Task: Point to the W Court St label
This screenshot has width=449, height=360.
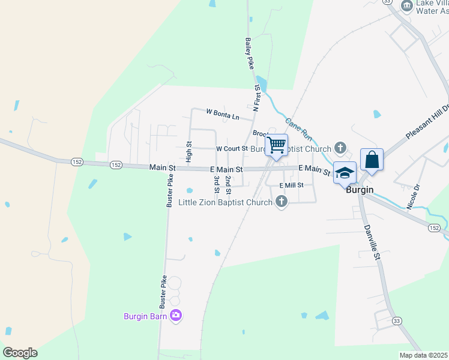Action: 232,148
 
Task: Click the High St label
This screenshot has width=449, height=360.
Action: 188,152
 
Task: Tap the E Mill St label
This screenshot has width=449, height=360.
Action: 291,185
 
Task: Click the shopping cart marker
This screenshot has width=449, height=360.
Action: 276,145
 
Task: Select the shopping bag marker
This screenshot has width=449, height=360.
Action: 372,160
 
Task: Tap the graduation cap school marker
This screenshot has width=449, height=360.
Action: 345,173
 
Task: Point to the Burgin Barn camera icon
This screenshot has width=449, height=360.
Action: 176,315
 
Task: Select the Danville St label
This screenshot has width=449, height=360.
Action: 372,242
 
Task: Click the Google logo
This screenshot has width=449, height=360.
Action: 20,353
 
